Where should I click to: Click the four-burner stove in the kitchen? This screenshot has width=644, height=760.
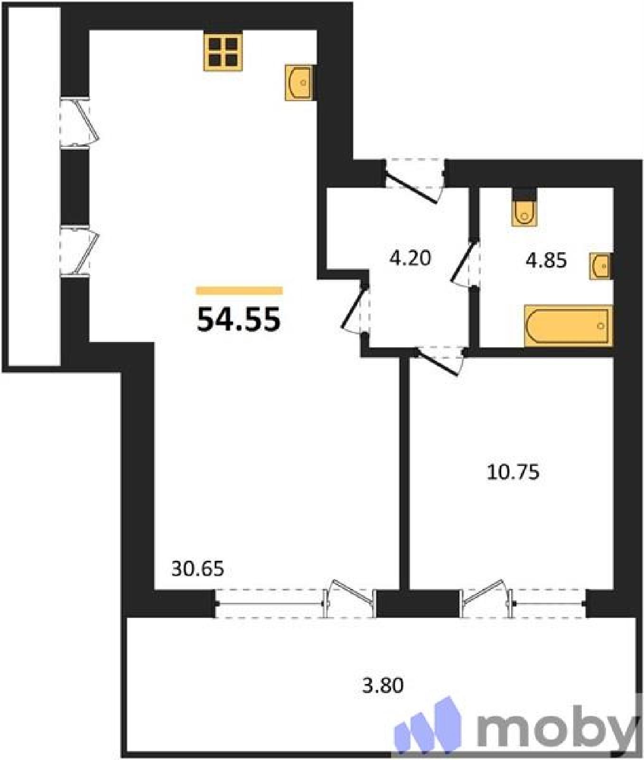(223, 52)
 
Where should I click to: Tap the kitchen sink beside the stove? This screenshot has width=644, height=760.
(299, 83)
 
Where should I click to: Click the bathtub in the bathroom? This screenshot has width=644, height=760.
(568, 326)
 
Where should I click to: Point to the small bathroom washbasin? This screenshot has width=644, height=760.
(601, 266)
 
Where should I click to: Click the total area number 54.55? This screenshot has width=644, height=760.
(239, 320)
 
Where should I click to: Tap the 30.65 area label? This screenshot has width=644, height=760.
(197, 569)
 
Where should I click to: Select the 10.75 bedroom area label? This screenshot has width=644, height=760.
(513, 473)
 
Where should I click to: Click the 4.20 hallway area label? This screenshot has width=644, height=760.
(410, 258)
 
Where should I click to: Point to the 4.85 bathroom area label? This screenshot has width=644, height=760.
(546, 261)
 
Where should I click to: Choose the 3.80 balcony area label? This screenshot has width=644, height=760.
(383, 685)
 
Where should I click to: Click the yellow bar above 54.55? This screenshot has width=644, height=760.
(239, 291)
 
